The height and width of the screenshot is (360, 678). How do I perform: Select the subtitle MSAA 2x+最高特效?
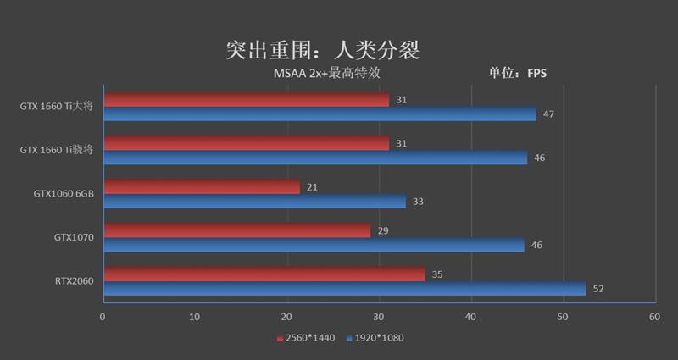pos(325,73)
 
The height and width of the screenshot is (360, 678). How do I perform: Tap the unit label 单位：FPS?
pos(517,73)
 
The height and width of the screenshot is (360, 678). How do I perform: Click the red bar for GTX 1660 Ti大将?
pos(246,100)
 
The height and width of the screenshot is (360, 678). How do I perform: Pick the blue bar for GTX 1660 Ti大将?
pos(320,114)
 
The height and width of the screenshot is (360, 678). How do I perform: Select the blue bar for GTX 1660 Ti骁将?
pos(314,158)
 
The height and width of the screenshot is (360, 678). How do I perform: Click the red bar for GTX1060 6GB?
pos(201,187)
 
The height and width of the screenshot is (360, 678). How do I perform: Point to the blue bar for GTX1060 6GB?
pos(254,202)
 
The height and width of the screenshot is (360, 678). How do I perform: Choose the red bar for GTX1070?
pos(236,230)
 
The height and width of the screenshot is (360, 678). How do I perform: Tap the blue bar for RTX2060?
pos(344,289)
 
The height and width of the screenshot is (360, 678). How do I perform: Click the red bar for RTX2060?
pos(264,274)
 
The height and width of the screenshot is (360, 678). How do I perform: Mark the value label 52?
pos(598,289)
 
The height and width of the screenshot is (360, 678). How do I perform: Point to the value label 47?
pos(548,114)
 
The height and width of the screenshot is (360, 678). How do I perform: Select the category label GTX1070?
pos(74,238)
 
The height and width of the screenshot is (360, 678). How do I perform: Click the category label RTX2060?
pos(74,281)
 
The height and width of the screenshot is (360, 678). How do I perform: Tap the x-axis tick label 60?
pos(654,317)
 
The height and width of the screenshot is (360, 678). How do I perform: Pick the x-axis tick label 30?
pos(379,317)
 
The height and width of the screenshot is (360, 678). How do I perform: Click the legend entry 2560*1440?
pos(306,338)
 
